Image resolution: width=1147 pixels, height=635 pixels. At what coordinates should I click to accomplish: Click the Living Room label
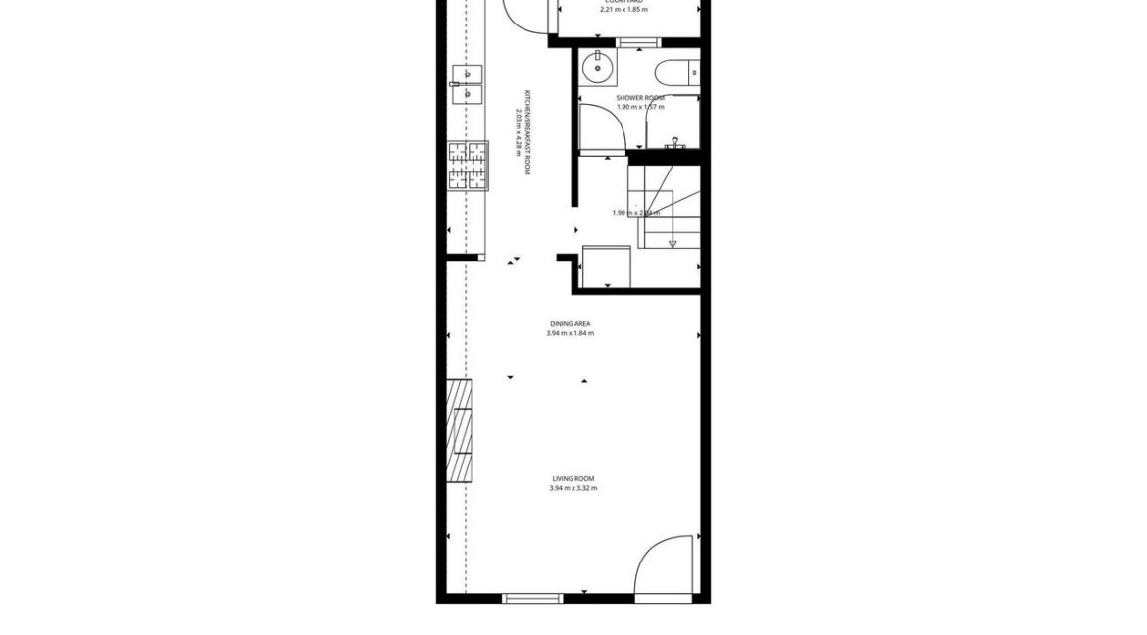tap(573, 478)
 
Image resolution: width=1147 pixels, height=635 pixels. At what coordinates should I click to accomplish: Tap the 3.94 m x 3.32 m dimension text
tap(573, 488)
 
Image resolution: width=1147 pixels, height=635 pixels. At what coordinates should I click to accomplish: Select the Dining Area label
tap(570, 323)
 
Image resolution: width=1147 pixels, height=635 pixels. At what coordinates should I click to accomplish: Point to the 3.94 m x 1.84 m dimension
tap(570, 333)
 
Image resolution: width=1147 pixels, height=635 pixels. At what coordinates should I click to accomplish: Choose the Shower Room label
tap(640, 98)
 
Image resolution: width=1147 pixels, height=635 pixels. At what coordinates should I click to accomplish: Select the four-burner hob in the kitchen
tap(468, 165)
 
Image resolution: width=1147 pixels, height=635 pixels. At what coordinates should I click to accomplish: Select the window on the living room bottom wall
tap(532, 598)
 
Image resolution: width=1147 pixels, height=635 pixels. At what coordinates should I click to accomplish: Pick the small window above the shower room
tap(638, 42)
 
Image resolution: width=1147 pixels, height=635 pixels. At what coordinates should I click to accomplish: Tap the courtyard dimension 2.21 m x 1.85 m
tap(624, 10)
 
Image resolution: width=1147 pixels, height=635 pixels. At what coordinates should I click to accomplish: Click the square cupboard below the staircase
tap(605, 266)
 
